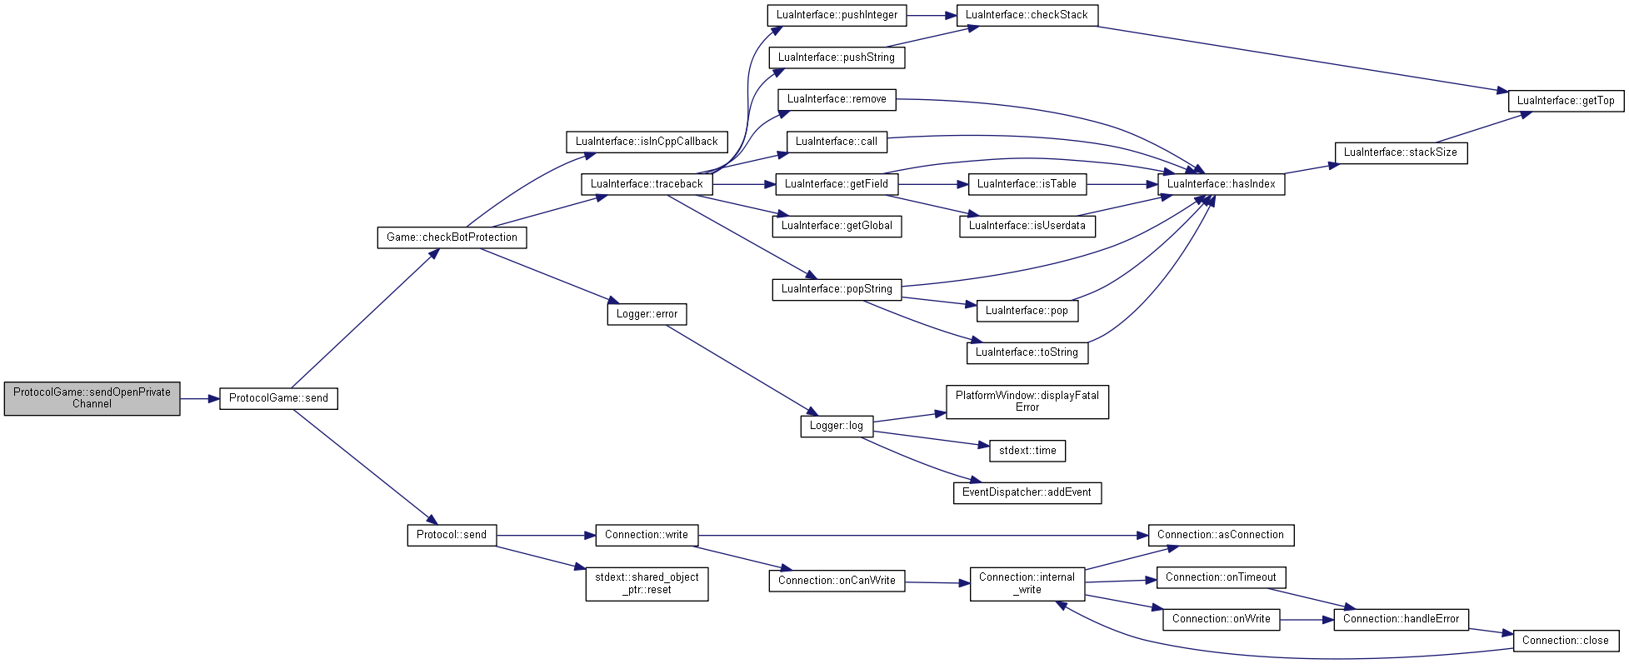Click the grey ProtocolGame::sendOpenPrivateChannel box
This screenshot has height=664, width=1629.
click(x=92, y=398)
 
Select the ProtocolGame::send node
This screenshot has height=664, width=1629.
click(x=278, y=398)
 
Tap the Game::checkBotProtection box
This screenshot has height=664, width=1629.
click(x=452, y=237)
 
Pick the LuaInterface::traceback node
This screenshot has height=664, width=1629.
click(x=647, y=184)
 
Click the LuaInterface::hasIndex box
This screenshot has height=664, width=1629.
click(x=1221, y=184)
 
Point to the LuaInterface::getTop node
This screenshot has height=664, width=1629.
click(x=1566, y=101)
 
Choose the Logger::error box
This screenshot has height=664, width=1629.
click(x=647, y=314)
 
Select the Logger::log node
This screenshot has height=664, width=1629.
click(x=837, y=426)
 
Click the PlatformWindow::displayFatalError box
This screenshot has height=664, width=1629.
click(x=1027, y=402)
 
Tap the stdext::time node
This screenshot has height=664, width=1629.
click(x=1027, y=451)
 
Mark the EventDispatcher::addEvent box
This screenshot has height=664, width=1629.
click(x=1027, y=492)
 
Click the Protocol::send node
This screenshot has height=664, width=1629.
click(x=452, y=535)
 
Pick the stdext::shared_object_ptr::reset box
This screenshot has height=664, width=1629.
click(x=647, y=583)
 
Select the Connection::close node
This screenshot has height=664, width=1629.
click(x=1566, y=641)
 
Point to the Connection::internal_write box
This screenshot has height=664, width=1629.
click(x=1027, y=583)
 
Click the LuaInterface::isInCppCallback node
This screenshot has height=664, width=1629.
click(x=647, y=142)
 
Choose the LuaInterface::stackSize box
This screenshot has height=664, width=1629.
click(x=1401, y=152)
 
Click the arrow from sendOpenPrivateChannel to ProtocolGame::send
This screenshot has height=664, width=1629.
click(x=200, y=399)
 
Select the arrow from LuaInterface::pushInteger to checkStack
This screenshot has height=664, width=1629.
click(x=932, y=15)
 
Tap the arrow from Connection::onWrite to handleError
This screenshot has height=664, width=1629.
click(x=1307, y=620)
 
